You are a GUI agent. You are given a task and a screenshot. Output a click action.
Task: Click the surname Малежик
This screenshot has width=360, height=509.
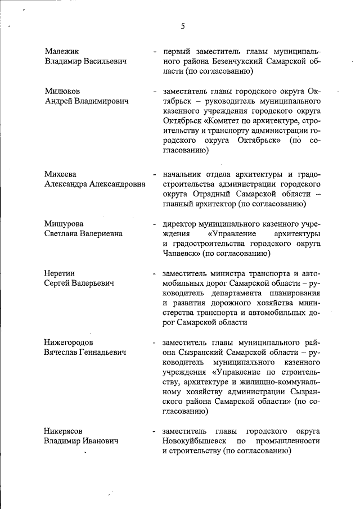click(x=62, y=51)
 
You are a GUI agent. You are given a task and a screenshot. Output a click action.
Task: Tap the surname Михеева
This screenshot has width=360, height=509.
click(x=60, y=174)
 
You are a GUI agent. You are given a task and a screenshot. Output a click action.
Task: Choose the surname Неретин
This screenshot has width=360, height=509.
click(x=60, y=273)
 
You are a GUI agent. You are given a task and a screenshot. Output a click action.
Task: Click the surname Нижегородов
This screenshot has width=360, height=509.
click(x=69, y=342)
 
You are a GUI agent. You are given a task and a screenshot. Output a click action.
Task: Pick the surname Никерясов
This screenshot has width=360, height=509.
click(x=65, y=431)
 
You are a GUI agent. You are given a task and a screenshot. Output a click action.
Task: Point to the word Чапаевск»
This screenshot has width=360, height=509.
click(x=182, y=253)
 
